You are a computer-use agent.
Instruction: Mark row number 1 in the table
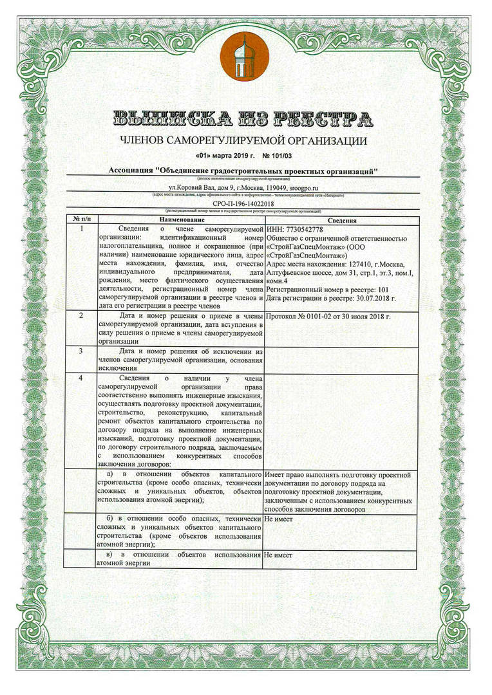(80, 229)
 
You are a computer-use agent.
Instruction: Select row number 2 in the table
(80, 316)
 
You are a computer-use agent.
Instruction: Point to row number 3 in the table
(80, 351)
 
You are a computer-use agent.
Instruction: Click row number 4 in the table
(80, 378)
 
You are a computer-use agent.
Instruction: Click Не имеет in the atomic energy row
(278, 554)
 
